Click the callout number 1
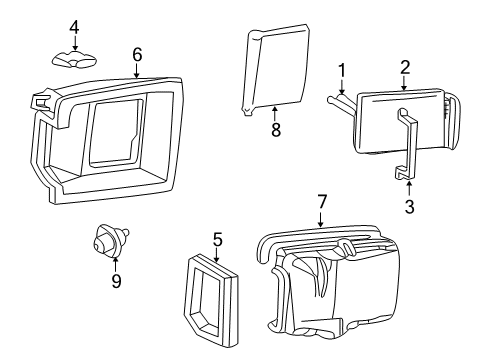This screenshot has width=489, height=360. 341,69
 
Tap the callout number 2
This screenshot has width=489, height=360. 405,67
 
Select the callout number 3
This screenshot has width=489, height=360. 409,207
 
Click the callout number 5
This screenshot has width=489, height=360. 216,239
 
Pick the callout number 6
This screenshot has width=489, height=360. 137,55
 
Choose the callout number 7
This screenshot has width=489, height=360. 321,202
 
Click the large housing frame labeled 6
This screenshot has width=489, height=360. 110,140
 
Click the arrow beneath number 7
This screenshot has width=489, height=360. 321,222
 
